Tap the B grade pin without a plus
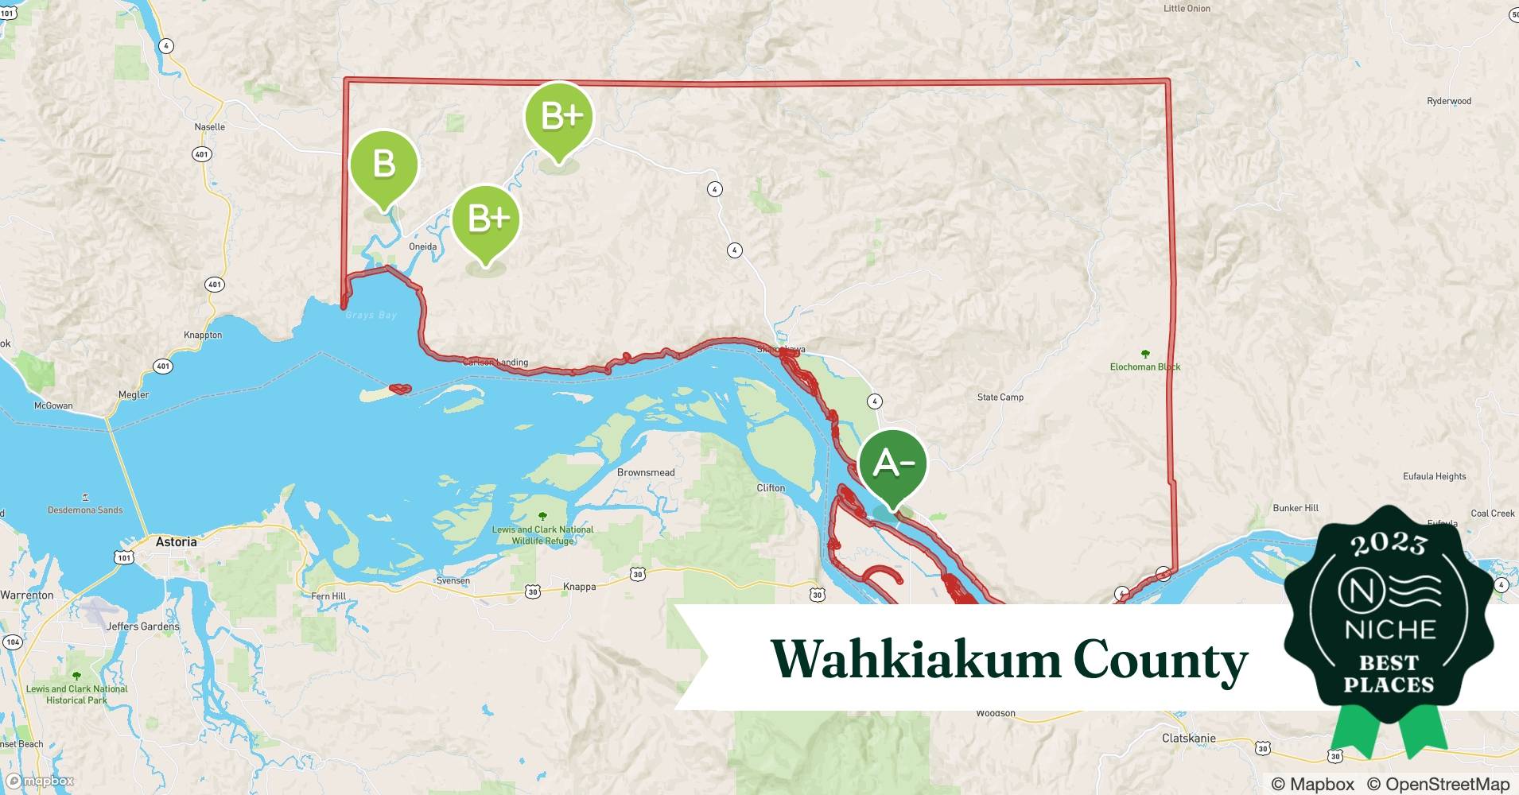384,165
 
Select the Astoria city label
176,541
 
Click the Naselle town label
210,126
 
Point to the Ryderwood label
1449,101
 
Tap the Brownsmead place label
646,472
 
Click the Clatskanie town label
1188,738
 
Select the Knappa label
579,587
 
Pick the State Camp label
1000,397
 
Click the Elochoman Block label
1144,366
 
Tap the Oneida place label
422,246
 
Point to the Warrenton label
27,595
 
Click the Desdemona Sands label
85,510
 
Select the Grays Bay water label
371,315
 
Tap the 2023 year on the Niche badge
1389,544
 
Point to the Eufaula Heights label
1434,476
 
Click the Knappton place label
203,335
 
